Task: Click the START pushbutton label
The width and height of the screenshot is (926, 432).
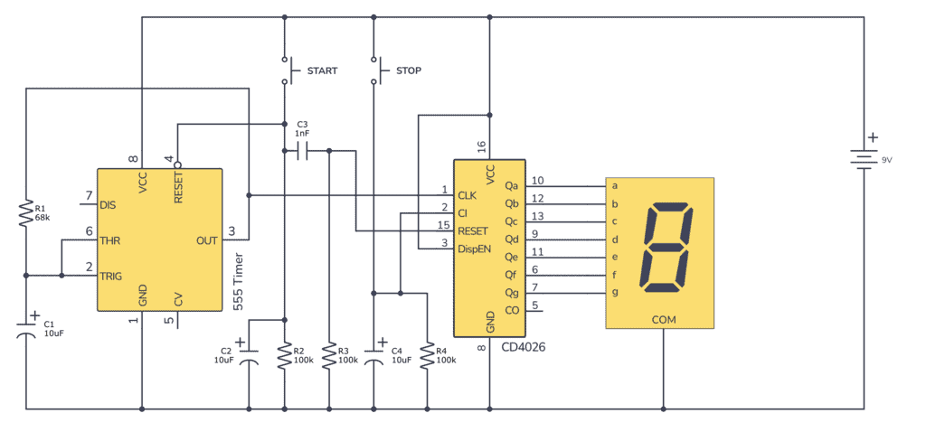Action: tap(322, 70)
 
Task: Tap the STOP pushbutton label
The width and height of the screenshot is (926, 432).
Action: tap(408, 70)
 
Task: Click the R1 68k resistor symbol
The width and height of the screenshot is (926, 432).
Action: tap(26, 213)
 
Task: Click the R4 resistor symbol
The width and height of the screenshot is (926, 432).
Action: tap(426, 357)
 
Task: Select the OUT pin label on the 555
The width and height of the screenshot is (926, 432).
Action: tap(207, 240)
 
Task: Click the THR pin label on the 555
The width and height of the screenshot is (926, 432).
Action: tap(109, 240)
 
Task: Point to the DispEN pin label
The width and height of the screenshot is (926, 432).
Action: tap(475, 249)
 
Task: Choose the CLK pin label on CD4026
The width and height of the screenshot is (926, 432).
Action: tap(467, 195)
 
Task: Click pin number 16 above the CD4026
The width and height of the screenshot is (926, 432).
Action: tap(481, 145)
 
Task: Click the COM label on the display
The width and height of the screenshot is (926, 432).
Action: tap(663, 320)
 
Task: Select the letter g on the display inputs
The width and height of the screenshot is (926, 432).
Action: tap(615, 292)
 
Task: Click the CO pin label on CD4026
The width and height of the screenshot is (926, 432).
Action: tap(512, 310)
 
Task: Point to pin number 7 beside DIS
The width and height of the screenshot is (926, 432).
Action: tap(89, 195)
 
